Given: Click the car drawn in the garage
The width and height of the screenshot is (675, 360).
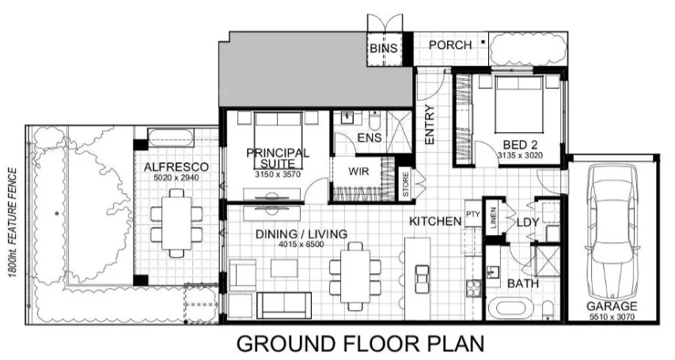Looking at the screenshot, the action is pyautogui.click(x=612, y=230).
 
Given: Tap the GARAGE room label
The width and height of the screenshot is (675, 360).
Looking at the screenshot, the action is pyautogui.click(x=612, y=307).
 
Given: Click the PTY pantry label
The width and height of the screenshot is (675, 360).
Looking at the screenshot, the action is pyautogui.click(x=472, y=214).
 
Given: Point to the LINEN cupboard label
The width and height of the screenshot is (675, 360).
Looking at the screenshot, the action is pyautogui.click(x=493, y=218).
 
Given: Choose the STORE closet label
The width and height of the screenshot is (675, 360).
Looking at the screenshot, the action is pyautogui.click(x=405, y=184).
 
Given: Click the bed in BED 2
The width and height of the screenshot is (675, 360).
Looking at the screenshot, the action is pyautogui.click(x=518, y=104).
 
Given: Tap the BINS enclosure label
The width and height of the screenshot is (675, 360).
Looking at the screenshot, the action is pyautogui.click(x=384, y=48).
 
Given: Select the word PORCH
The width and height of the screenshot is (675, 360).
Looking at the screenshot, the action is pyautogui.click(x=450, y=45).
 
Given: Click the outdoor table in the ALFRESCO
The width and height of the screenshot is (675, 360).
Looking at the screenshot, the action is pyautogui.click(x=176, y=222).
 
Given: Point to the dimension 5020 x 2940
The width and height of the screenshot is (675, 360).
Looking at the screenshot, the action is pyautogui.click(x=176, y=177).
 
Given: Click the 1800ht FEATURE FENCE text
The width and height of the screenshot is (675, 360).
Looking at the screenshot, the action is pyautogui.click(x=13, y=222).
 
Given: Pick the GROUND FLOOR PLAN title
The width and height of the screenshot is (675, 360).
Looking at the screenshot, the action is pyautogui.click(x=360, y=343).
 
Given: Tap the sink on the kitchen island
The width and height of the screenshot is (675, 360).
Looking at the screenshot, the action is pyautogui.click(x=422, y=279).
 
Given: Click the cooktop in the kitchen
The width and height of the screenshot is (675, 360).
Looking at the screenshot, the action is pyautogui.click(x=473, y=288).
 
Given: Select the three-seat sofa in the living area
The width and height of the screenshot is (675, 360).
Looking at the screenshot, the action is pyautogui.click(x=284, y=305).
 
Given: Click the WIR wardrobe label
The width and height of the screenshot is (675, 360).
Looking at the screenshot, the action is pyautogui.click(x=358, y=172).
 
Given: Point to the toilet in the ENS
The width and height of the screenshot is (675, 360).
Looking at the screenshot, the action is pyautogui.click(x=374, y=120).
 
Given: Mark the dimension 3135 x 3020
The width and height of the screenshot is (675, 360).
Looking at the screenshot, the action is pyautogui.click(x=520, y=155).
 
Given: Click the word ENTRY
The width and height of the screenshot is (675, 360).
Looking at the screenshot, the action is pyautogui.click(x=430, y=124).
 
